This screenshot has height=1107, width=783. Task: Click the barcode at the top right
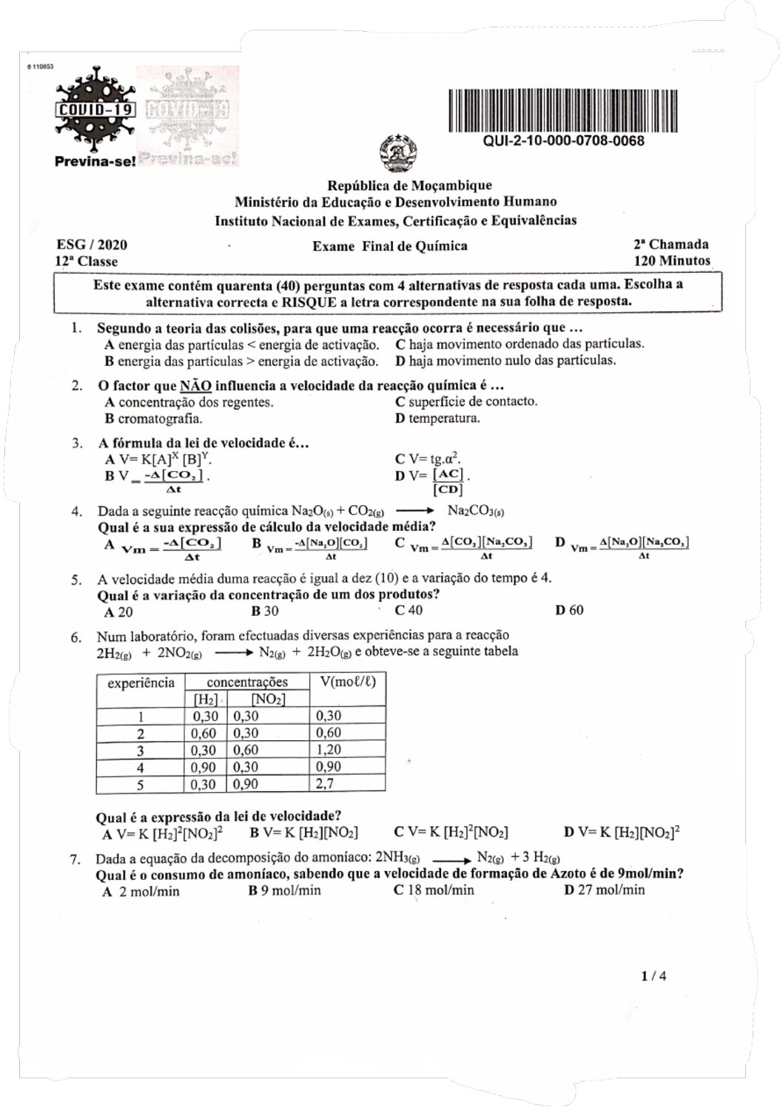coord(562,111)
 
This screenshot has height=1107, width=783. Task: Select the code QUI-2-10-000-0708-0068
coord(562,141)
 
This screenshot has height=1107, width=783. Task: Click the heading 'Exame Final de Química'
coord(389,246)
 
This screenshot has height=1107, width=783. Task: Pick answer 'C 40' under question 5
coord(409,610)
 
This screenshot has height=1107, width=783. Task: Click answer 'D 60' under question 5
coord(568,610)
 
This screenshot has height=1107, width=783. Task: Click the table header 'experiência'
coord(141,683)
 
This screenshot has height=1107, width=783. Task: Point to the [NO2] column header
coord(268,699)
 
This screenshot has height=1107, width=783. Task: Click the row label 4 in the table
coord(141,768)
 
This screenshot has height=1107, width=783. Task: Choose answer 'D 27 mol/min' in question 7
coord(604,890)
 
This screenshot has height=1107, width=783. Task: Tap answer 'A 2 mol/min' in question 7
coord(141,891)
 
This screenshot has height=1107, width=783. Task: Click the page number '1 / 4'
coord(654,976)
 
